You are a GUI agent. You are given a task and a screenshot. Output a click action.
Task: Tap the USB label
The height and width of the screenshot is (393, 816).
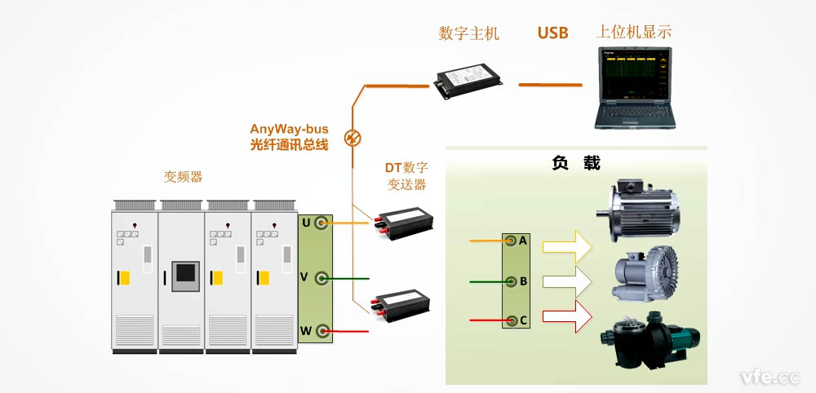(552, 33)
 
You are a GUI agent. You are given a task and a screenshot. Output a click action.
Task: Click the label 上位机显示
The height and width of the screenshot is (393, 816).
(634, 33)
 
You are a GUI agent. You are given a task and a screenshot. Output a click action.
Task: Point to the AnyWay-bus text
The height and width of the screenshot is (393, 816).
(289, 129)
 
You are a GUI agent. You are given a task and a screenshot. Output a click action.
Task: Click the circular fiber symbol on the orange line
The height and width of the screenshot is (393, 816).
(353, 137)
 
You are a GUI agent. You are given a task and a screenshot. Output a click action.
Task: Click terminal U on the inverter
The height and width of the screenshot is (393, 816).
(322, 223)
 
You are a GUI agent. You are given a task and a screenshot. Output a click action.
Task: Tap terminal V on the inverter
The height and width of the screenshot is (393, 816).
(322, 278)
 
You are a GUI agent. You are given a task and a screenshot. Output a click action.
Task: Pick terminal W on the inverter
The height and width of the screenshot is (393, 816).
(322, 330)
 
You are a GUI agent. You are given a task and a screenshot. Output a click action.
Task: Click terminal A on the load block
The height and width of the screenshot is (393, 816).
(511, 241)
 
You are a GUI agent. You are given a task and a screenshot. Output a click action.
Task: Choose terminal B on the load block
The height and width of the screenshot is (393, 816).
(511, 282)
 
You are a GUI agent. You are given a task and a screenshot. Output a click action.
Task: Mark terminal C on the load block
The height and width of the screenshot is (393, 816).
(511, 320)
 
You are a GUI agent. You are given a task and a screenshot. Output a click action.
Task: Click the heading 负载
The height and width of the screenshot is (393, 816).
(576, 163)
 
